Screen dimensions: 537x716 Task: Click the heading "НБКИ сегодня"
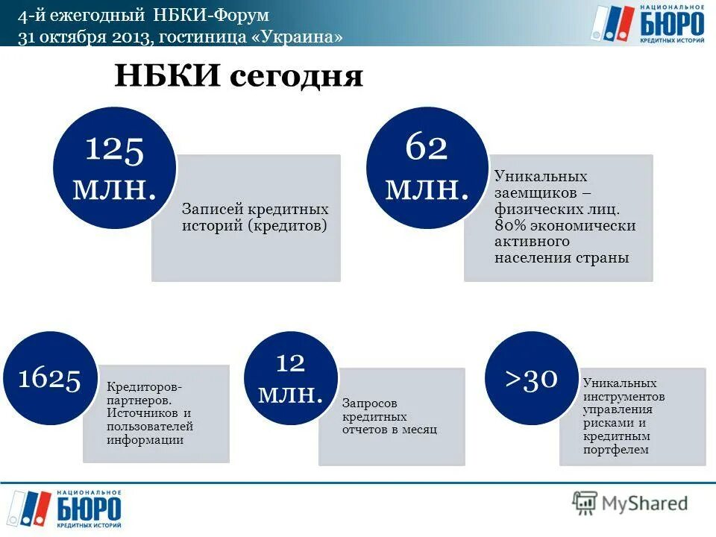point(238,76)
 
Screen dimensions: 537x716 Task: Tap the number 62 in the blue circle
point(426,148)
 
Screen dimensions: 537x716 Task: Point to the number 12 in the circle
point(290,363)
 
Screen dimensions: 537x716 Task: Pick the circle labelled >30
point(531,378)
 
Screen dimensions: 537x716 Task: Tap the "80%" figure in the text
point(510,225)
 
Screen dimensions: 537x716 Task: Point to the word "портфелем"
point(616,450)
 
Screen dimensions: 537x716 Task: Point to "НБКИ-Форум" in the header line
point(224,15)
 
